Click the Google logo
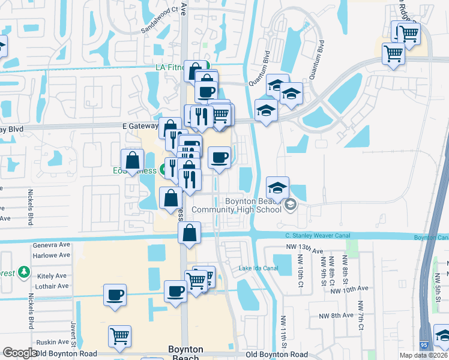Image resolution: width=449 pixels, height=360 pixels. click(x=20, y=353)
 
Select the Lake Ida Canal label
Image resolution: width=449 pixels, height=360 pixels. click(x=259, y=268)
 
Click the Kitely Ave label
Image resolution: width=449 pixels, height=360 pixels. click(x=53, y=276)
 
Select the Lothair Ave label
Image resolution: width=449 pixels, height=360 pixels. click(x=53, y=286)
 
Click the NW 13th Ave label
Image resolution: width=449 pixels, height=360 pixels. click(x=306, y=251)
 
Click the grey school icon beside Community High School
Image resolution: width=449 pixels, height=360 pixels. click(x=291, y=205)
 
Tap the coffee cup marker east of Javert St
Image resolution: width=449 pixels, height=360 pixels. click(x=115, y=295)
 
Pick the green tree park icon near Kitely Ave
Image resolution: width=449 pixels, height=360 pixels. click(x=24, y=272)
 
